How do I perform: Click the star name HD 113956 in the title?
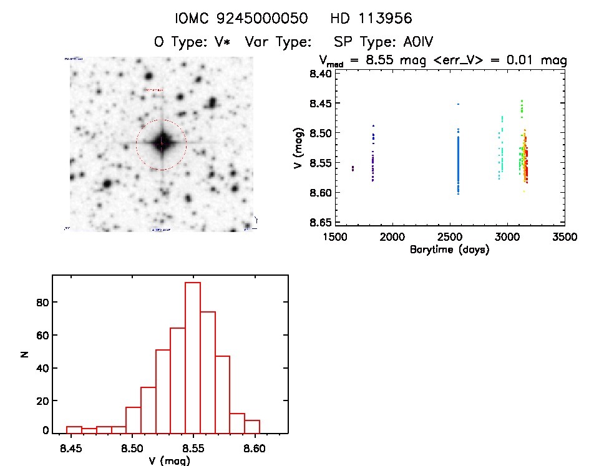(x=371, y=19)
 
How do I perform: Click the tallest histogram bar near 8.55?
(x=193, y=356)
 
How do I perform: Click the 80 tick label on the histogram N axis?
(x=40, y=303)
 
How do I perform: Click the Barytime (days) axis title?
(x=449, y=250)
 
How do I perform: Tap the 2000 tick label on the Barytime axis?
(x=392, y=238)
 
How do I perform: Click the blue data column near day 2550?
(x=458, y=159)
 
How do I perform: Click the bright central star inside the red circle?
(x=162, y=143)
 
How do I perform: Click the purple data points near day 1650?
(x=353, y=168)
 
